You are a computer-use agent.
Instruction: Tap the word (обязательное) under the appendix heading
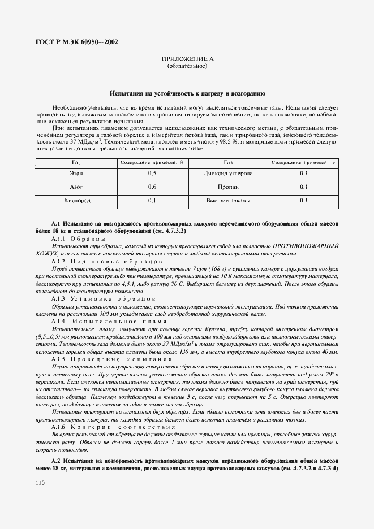coord(187,66)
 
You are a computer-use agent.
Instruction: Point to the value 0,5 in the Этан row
coord(152,173)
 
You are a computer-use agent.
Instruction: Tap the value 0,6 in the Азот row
coord(152,187)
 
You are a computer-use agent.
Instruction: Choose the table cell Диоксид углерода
coord(228,173)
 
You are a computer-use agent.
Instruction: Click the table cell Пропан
coord(228,187)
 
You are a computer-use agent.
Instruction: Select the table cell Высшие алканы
coord(228,200)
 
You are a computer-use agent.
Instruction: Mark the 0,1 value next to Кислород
coord(152,200)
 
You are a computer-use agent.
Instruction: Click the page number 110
coord(40,483)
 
